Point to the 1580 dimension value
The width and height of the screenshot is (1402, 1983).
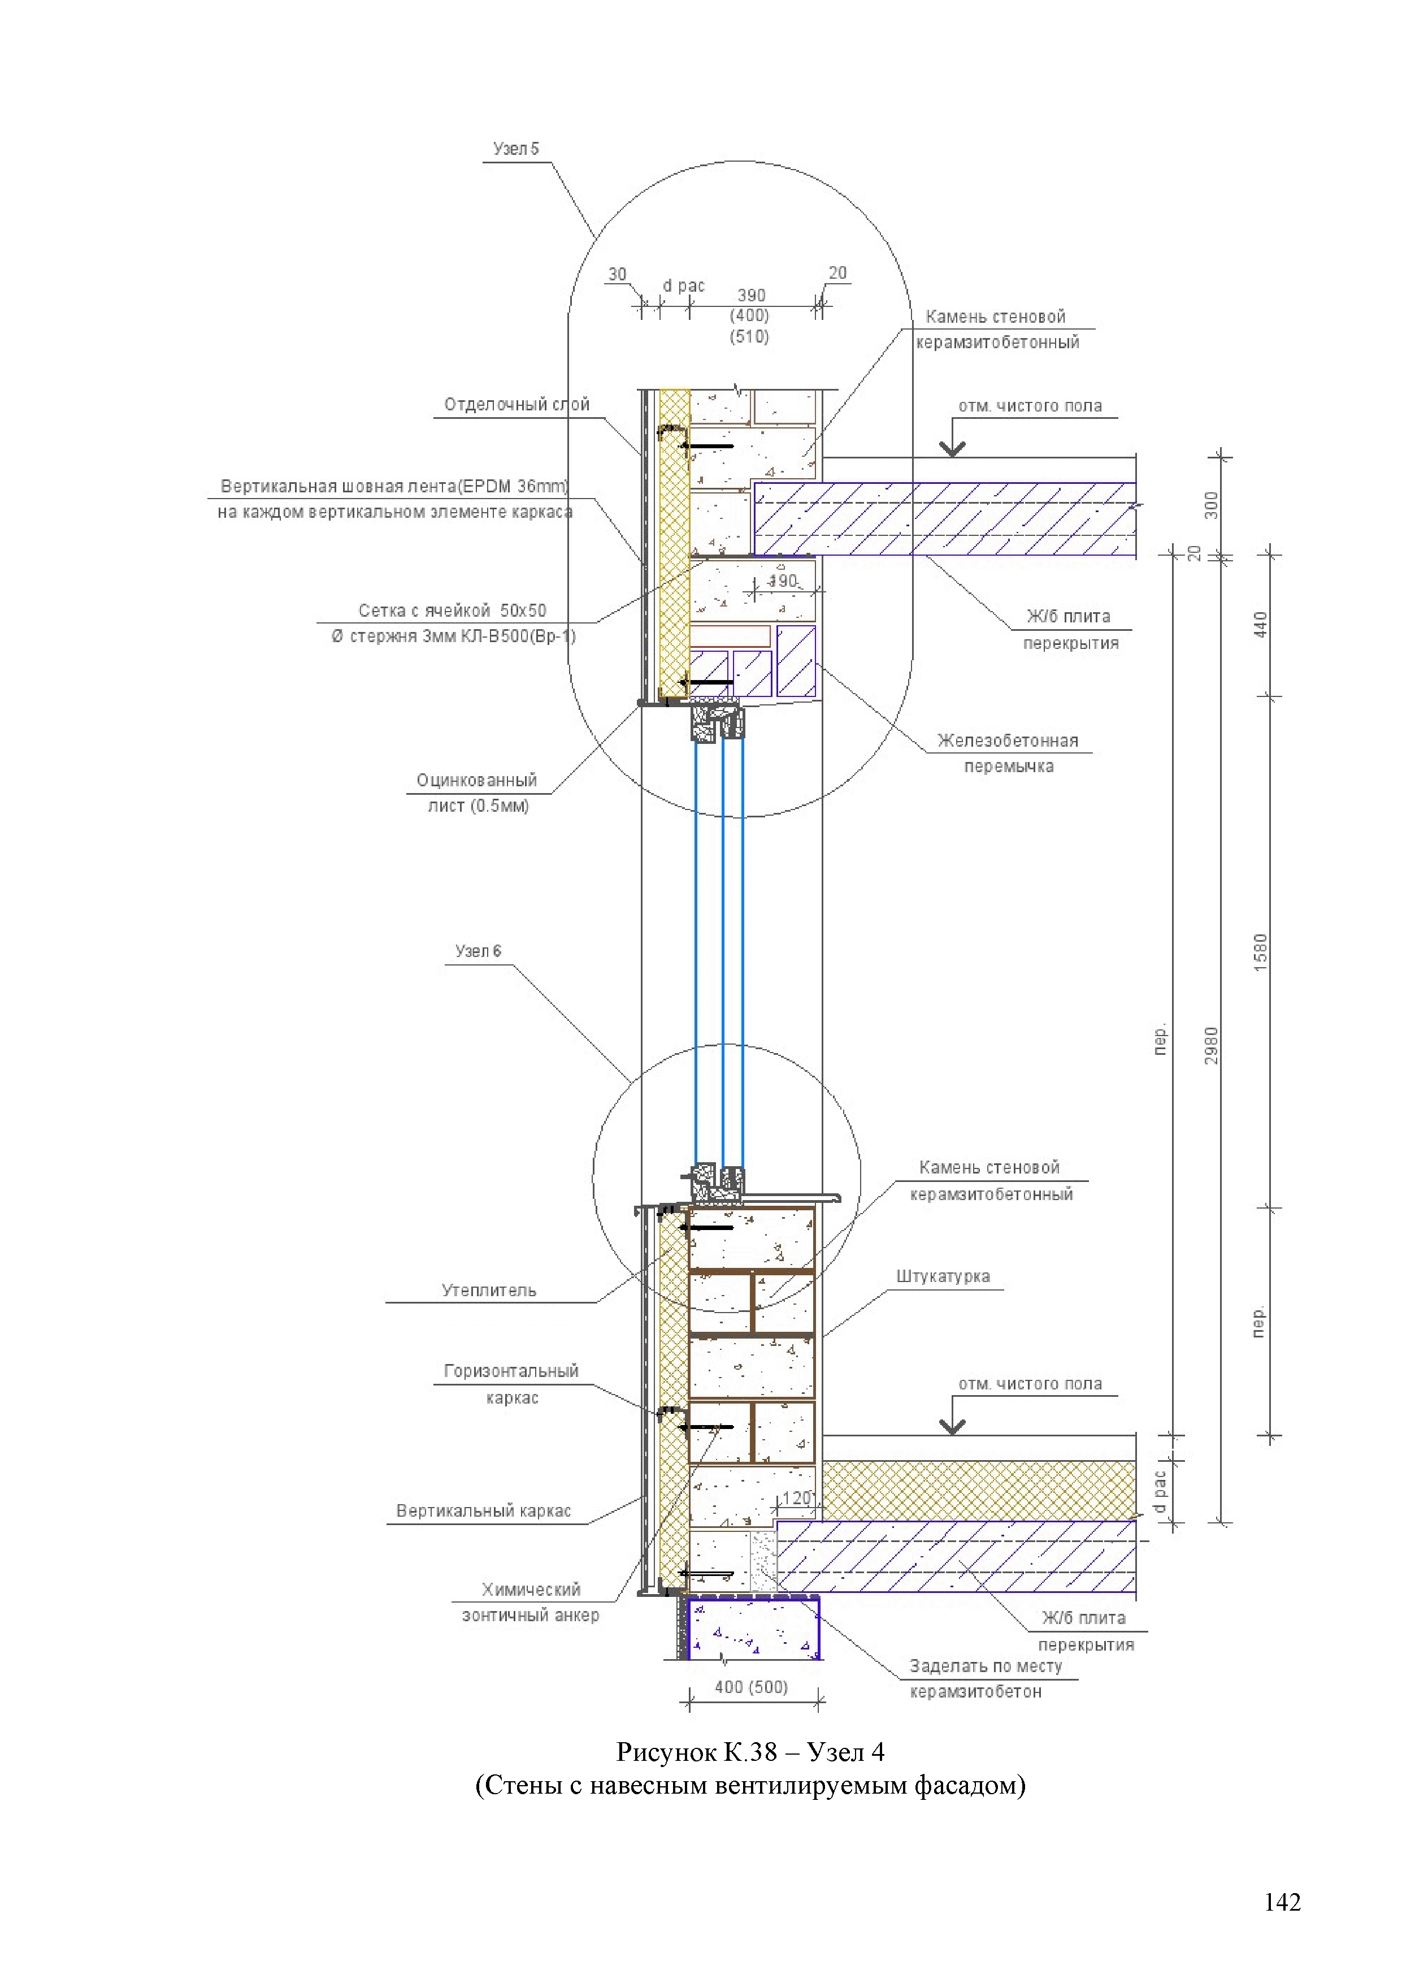[x=1260, y=952]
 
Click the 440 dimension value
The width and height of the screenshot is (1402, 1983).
[x=1260, y=625]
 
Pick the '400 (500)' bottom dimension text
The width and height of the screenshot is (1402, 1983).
[x=751, y=1687]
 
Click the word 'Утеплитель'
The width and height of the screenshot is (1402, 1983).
[x=489, y=1291]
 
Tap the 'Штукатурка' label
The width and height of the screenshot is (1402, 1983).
[x=943, y=1276]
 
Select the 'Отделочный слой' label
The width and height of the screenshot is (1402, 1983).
[x=516, y=404]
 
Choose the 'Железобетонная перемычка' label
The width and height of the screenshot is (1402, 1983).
[x=1008, y=753]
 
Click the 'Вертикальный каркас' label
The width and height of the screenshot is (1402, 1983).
[x=484, y=1510]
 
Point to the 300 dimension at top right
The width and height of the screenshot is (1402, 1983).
[x=1211, y=505]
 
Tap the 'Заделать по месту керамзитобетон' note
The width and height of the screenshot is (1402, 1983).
[x=984, y=1678]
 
